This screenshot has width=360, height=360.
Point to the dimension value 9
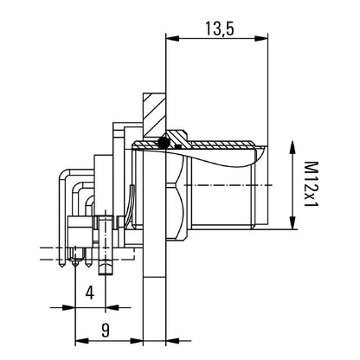104,329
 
